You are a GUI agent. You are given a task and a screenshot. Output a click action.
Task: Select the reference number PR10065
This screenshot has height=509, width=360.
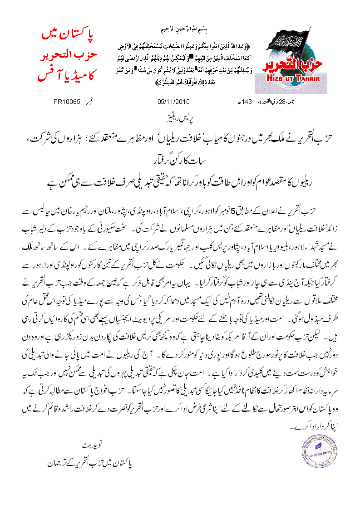pyautogui.click(x=67, y=101)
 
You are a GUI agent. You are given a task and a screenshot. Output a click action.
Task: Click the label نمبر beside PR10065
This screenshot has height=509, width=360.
pyautogui.click(x=86, y=101)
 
